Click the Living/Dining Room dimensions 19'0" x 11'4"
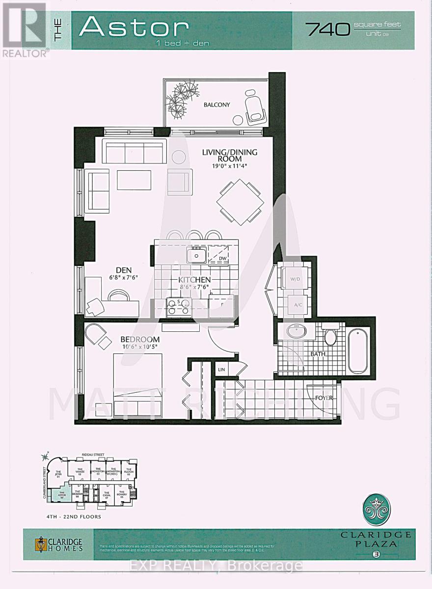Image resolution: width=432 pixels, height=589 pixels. (230, 166)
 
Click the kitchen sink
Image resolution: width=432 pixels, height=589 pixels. (197, 255)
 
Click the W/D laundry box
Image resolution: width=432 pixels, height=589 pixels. (295, 279)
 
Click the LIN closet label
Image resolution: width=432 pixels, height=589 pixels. (221, 369)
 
